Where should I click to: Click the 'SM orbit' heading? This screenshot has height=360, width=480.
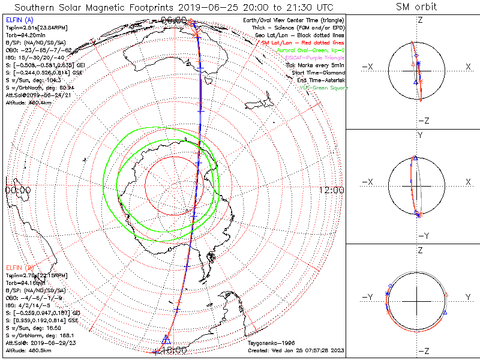pyautogui.click(x=416, y=7)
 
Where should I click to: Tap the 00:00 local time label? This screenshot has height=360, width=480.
pyautogui.click(x=17, y=190)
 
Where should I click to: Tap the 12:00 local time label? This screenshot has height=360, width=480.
pyautogui.click(x=331, y=190)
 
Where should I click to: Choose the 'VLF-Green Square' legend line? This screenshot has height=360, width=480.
pyautogui.click(x=323, y=88)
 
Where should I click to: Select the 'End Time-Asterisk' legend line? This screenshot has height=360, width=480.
pyautogui.click(x=317, y=80)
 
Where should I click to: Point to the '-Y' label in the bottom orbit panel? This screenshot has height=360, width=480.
pyautogui.click(x=367, y=297)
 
